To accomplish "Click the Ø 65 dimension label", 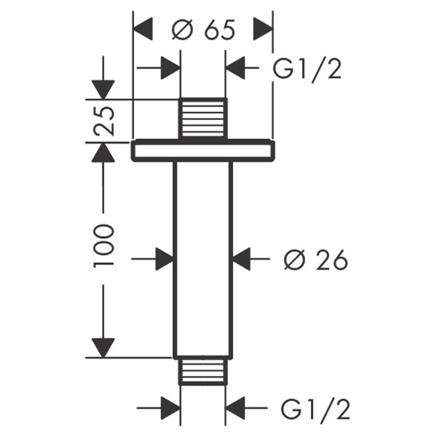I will pyautogui.click(x=203, y=30).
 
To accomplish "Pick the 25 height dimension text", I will pyautogui.click(x=104, y=121).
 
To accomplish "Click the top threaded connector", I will pyautogui.click(x=202, y=117).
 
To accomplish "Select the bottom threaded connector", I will pyautogui.click(x=202, y=371).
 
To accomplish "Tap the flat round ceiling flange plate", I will pyautogui.click(x=203, y=151).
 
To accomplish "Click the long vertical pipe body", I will pyautogui.click(x=202, y=259).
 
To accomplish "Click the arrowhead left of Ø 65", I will pyautogui.click(x=143, y=30).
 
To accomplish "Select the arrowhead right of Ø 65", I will pyautogui.click(x=262, y=30).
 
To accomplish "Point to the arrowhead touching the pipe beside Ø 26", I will pyautogui.click(x=241, y=259).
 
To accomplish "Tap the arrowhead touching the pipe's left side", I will pyautogui.click(x=164, y=259).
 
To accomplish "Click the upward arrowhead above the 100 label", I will pyautogui.click(x=104, y=153).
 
